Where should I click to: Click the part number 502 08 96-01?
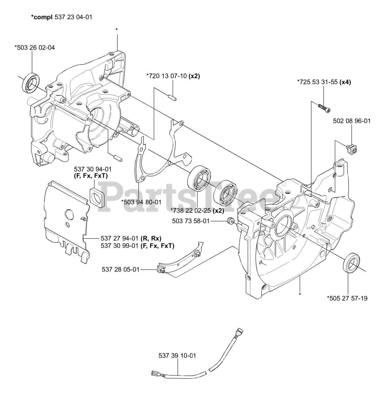352,121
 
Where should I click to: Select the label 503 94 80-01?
141,202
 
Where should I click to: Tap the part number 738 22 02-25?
191,210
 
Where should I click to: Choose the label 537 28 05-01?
120,269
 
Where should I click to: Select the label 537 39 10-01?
177,356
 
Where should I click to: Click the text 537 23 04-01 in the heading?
73,17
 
